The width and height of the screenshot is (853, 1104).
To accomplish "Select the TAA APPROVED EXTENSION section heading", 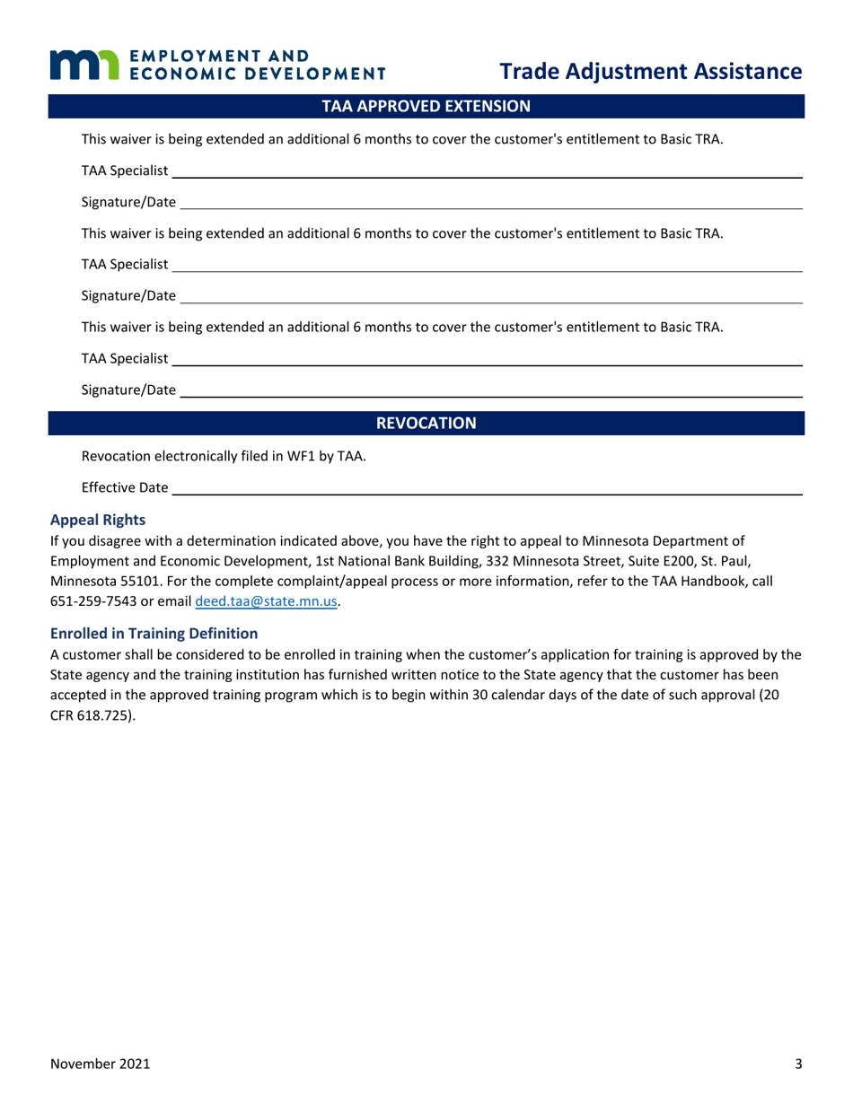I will pos(426,106).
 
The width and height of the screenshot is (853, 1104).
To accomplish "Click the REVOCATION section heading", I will pos(426,423).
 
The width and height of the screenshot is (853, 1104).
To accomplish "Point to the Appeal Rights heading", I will pos(97,520).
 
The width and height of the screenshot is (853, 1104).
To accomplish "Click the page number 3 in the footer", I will pos(798,1065).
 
